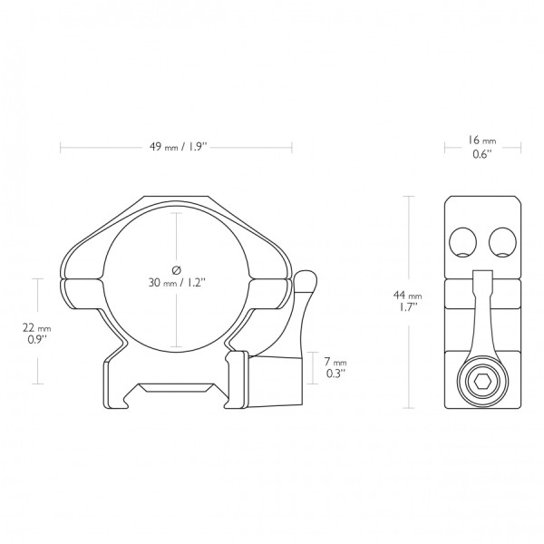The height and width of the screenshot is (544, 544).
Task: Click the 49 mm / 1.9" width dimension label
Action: pos(178,147)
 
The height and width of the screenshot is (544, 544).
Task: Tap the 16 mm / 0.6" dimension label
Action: pos(482,147)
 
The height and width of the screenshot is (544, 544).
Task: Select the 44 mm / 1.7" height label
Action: pos(408,301)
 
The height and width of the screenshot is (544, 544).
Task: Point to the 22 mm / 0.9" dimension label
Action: pos(37,333)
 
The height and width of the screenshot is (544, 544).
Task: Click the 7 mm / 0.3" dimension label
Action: pos(335,367)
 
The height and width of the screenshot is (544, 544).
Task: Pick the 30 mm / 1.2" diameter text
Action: pos(178,283)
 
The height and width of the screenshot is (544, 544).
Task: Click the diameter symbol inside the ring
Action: pos(176,269)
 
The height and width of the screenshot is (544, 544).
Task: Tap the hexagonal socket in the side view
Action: pos(482,383)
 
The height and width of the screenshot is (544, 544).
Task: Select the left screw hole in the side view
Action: pos(462,242)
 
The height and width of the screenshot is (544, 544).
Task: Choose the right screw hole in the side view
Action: pos(502,242)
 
